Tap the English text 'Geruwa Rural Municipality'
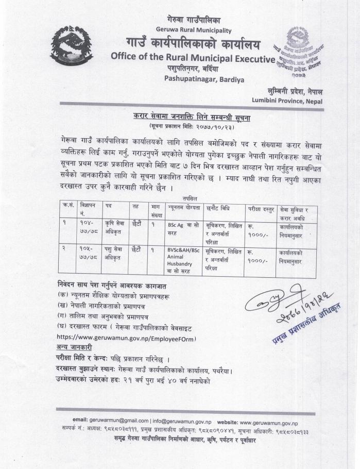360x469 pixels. point(186,30)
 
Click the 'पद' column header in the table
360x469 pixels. point(109,207)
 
